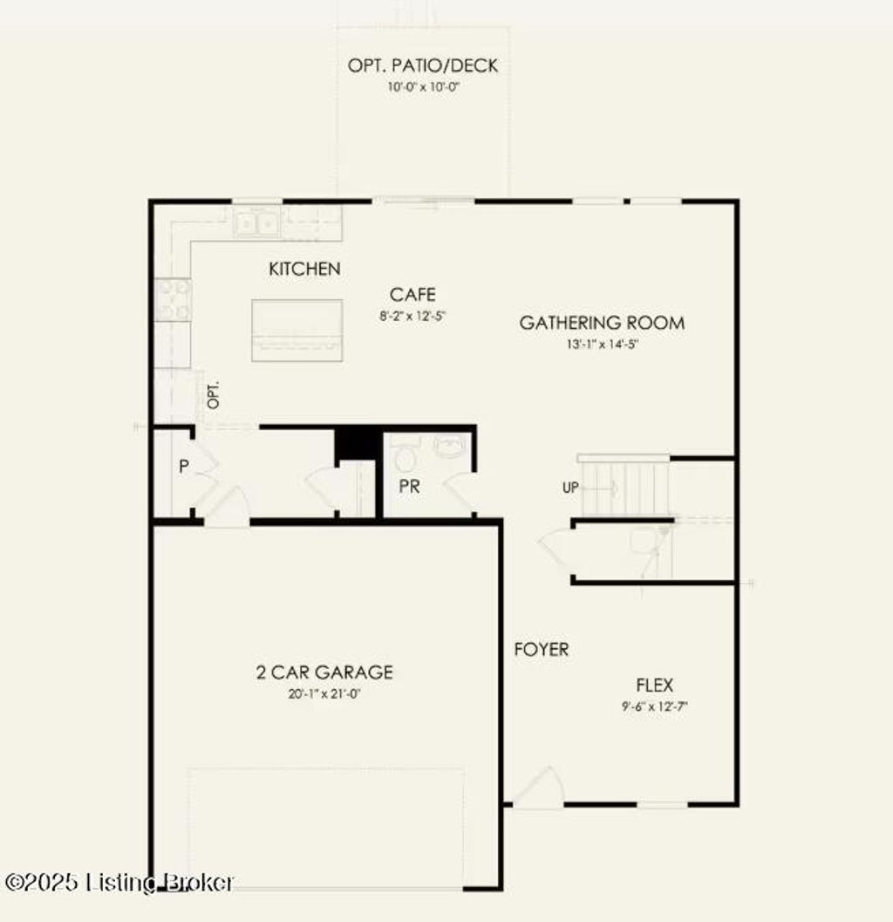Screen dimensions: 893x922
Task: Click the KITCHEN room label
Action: coord(304,269)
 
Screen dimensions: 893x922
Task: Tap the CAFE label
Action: coord(412,294)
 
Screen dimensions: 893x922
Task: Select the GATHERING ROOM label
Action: coord(602,322)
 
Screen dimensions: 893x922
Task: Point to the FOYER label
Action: coord(542,649)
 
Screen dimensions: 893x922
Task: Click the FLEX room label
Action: coord(654,685)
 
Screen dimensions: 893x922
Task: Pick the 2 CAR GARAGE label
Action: coord(324,673)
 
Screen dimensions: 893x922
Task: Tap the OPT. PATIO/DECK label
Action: coord(423,65)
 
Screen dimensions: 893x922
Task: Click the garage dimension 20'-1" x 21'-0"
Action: coord(324,693)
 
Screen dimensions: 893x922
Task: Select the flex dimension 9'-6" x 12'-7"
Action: coord(654,707)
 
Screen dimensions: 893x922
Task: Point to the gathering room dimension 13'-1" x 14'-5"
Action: coord(602,344)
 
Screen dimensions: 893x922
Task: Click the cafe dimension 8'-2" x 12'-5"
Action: coord(412,316)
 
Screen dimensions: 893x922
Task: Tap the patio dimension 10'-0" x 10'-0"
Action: coord(423,87)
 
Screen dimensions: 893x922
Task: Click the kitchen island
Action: coord(297,330)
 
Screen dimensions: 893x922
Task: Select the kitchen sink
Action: coord(257,223)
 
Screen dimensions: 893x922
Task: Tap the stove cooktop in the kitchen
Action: coord(173,300)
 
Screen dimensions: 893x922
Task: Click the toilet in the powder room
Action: coord(405,454)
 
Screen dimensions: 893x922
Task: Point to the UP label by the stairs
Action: coord(570,488)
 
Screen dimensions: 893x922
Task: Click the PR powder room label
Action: coord(409,486)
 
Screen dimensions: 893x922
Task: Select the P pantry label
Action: coord(184,467)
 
